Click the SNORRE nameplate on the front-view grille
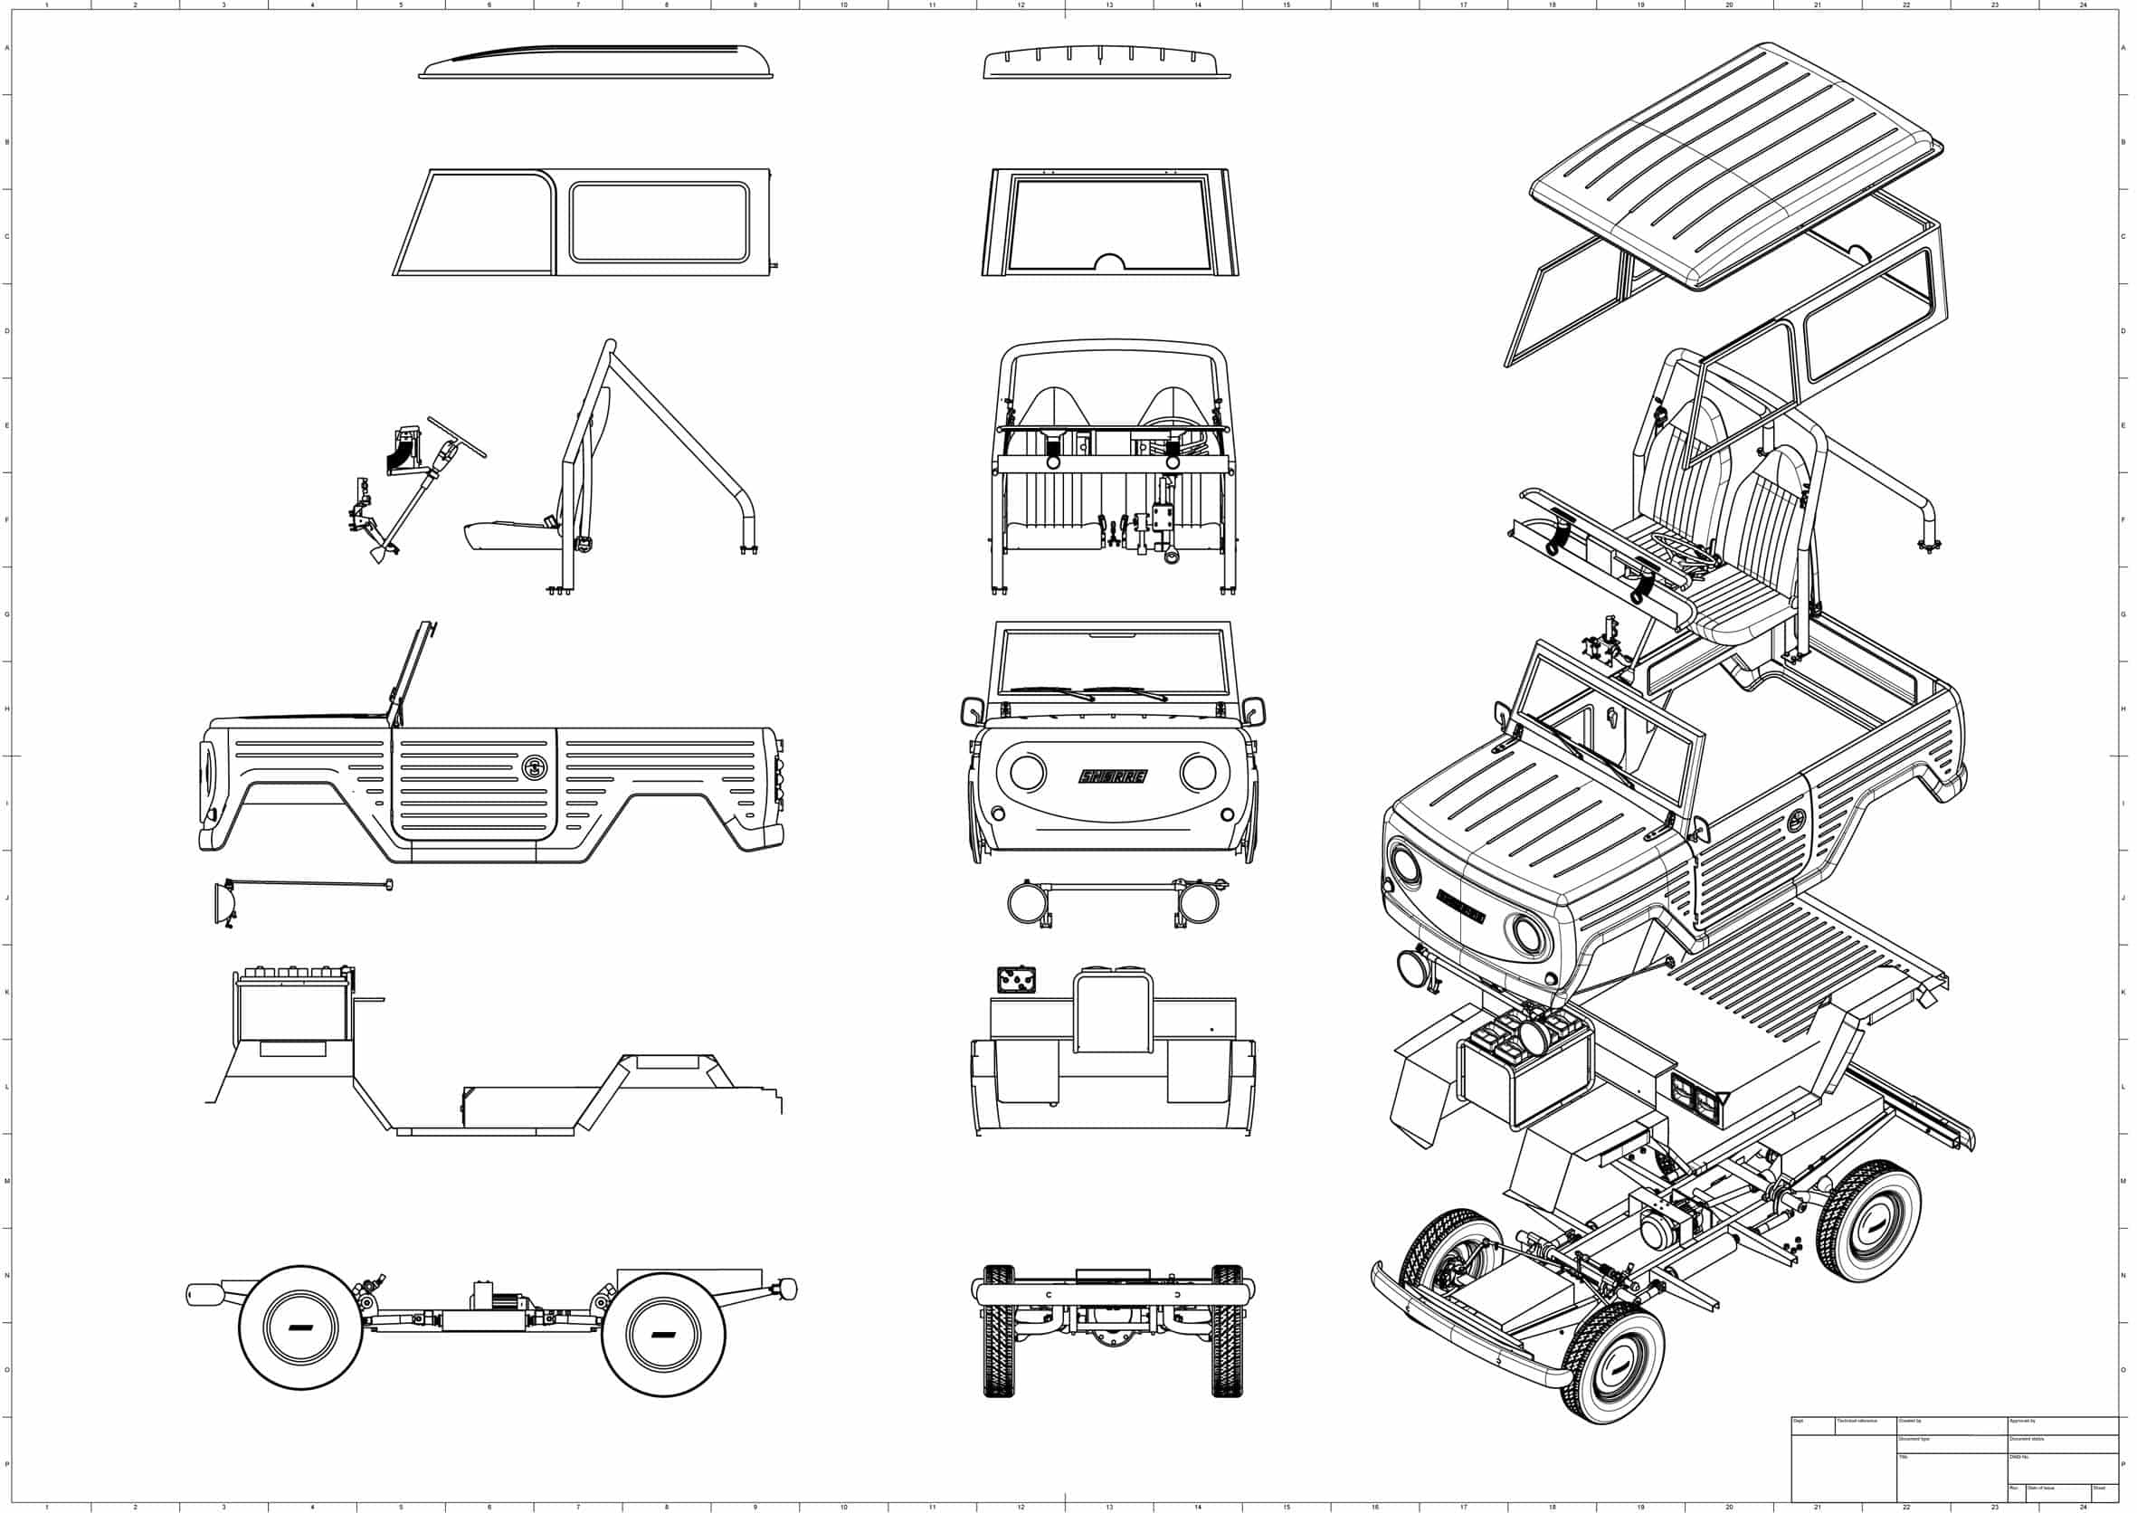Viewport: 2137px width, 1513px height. [x=1113, y=776]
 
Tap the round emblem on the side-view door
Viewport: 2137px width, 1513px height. [x=535, y=767]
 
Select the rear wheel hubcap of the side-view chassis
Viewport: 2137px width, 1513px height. [x=663, y=1333]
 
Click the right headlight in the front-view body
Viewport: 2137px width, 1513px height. [x=1198, y=771]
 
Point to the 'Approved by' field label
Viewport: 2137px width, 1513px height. [x=2023, y=1421]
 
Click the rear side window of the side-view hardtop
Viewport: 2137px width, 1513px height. [x=660, y=222]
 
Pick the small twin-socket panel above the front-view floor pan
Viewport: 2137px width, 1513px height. [x=1016, y=981]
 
